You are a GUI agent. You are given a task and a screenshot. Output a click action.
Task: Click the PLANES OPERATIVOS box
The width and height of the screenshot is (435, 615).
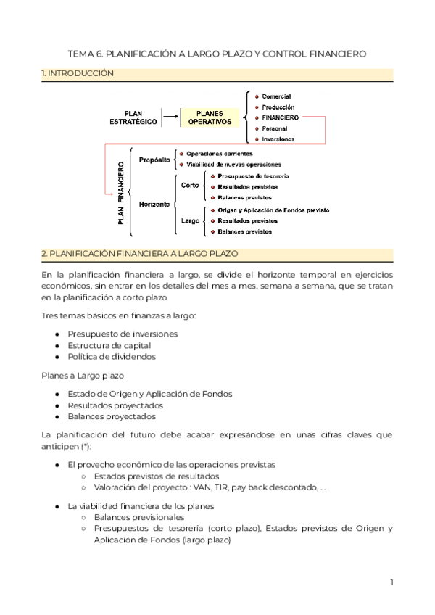(x=210, y=118)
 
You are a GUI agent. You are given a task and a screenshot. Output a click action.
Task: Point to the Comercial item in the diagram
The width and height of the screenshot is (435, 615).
(x=276, y=96)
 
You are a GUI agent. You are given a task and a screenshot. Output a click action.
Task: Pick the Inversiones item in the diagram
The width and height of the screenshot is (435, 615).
(x=278, y=139)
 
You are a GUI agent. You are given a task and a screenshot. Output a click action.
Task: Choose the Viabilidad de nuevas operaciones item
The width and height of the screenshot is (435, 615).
(x=233, y=165)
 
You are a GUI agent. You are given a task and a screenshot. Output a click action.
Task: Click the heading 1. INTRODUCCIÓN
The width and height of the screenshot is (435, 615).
(x=78, y=74)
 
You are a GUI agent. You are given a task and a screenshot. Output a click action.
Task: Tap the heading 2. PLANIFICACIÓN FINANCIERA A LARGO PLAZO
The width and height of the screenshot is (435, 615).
(x=145, y=254)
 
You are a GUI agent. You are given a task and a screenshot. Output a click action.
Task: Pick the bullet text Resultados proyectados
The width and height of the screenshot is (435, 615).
(x=115, y=405)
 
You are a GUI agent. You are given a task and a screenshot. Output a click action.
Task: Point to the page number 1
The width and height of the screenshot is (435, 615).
(x=391, y=582)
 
